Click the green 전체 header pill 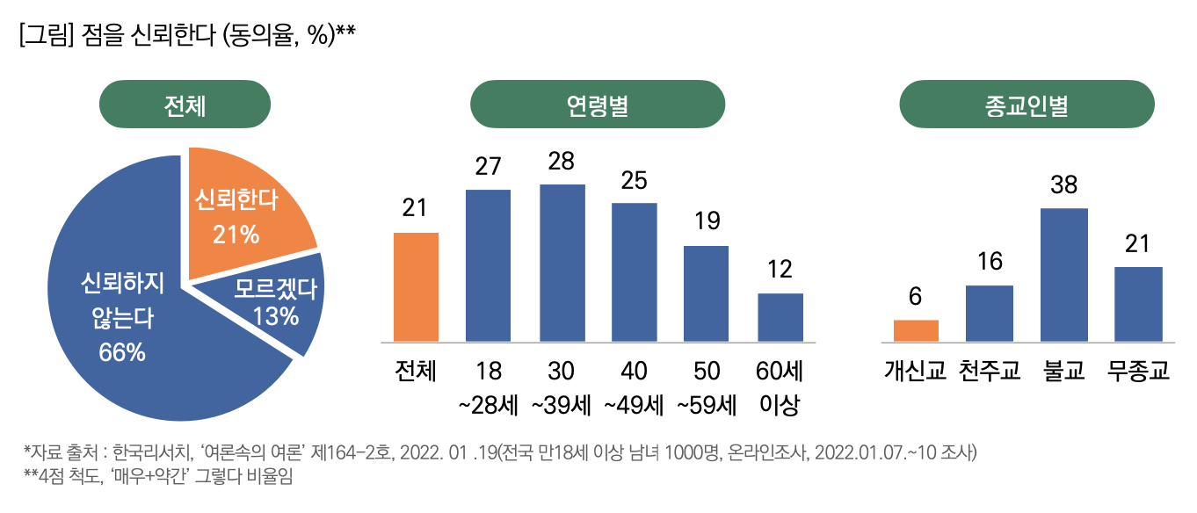[185, 105]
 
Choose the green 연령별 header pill [598, 105]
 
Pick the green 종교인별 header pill [1027, 105]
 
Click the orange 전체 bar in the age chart [416, 286]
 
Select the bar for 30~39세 [562, 263]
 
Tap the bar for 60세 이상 [780, 317]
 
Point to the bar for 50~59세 [706, 293]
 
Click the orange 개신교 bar [916, 330]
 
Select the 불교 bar [1063, 274]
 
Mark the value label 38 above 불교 [1063, 185]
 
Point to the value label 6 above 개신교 [916, 297]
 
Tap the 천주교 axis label [990, 371]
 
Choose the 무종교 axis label [1139, 371]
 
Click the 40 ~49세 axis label [634, 387]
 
